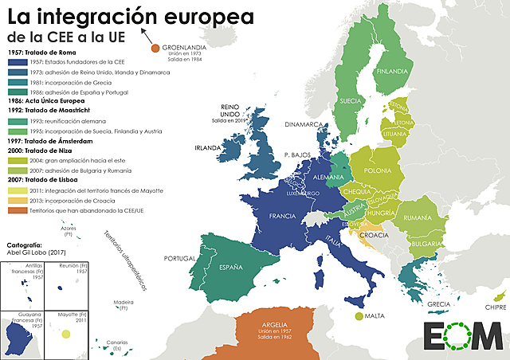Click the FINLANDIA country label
point(392,71)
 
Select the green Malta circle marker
point(359,316)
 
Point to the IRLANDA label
point(207,148)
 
